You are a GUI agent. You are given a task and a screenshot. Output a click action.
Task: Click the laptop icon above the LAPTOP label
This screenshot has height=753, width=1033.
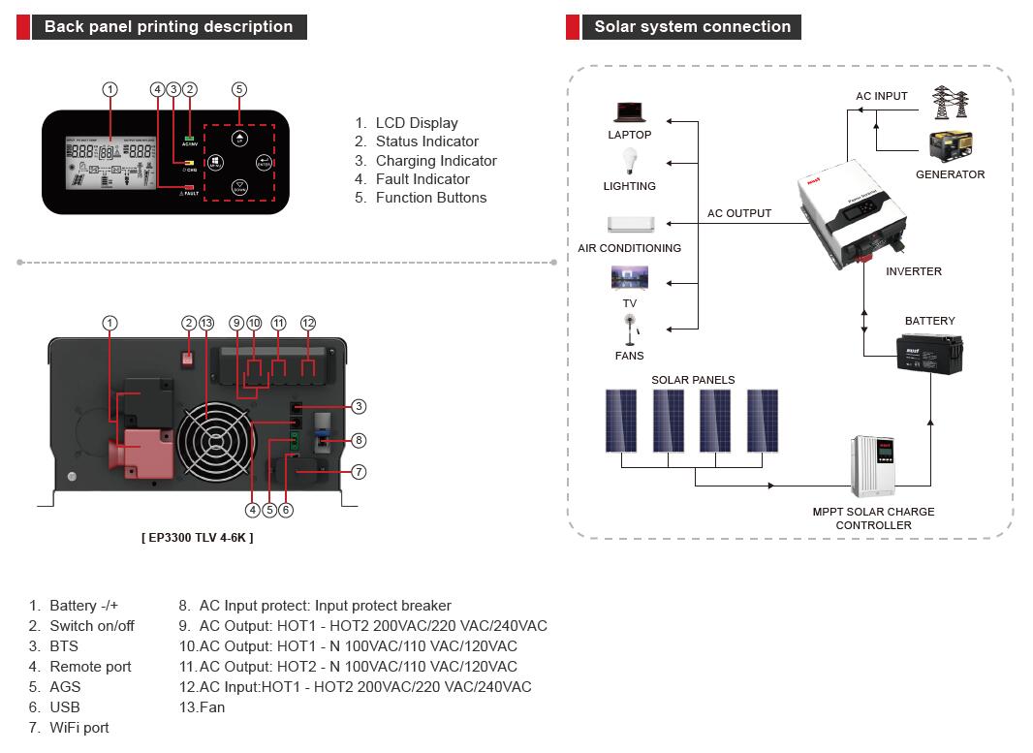tap(630, 111)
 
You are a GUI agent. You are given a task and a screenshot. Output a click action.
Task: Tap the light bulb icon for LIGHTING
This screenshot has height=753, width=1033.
tap(629, 162)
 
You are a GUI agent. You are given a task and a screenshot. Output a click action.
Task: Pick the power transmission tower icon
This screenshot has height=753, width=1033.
tap(949, 103)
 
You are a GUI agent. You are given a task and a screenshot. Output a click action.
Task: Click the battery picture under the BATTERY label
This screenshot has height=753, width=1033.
tap(927, 353)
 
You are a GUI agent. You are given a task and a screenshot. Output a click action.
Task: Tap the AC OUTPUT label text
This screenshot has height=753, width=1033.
tap(739, 213)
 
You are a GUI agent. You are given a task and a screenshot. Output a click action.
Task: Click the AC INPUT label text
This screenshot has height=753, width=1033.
tap(882, 96)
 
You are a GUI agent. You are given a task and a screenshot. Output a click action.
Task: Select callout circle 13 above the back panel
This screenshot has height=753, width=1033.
tap(205, 323)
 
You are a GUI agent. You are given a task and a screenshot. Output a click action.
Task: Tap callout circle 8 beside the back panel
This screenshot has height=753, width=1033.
tap(359, 440)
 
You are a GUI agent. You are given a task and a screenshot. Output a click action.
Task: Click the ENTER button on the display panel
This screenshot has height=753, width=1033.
tap(263, 163)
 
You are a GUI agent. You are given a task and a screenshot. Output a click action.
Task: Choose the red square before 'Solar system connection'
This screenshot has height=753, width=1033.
tap(573, 27)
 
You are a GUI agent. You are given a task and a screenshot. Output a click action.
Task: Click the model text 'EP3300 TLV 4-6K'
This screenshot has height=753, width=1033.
tap(198, 537)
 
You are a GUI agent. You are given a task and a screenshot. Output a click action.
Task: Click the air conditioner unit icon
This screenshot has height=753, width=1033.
tap(630, 224)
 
